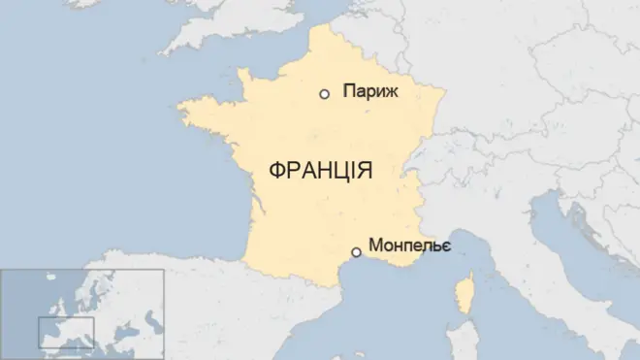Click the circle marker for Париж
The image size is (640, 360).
point(324,94)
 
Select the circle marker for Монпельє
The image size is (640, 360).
point(356,252)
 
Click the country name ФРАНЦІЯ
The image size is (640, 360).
point(320,171)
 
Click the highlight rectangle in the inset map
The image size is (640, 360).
point(66,332)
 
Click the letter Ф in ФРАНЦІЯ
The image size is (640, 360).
point(273,171)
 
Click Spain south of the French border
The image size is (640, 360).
point(242,320)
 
